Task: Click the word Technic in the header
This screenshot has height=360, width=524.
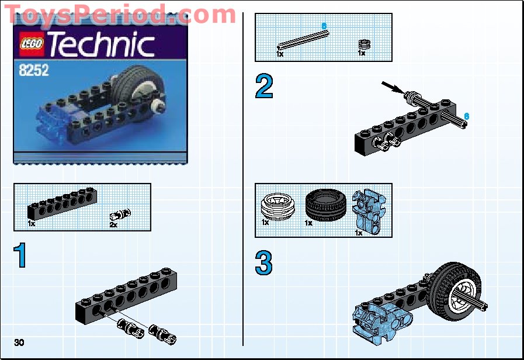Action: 100,44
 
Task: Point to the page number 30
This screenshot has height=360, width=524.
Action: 19,342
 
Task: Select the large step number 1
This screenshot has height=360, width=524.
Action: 21,256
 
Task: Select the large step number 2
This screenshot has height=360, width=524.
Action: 264,87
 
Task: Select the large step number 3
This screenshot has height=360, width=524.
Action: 264,264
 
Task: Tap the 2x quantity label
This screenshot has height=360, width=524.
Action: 113,224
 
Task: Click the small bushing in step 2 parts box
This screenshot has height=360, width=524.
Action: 365,44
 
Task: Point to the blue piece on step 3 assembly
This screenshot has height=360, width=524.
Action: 374,318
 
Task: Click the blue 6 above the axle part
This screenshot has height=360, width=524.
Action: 324,26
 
